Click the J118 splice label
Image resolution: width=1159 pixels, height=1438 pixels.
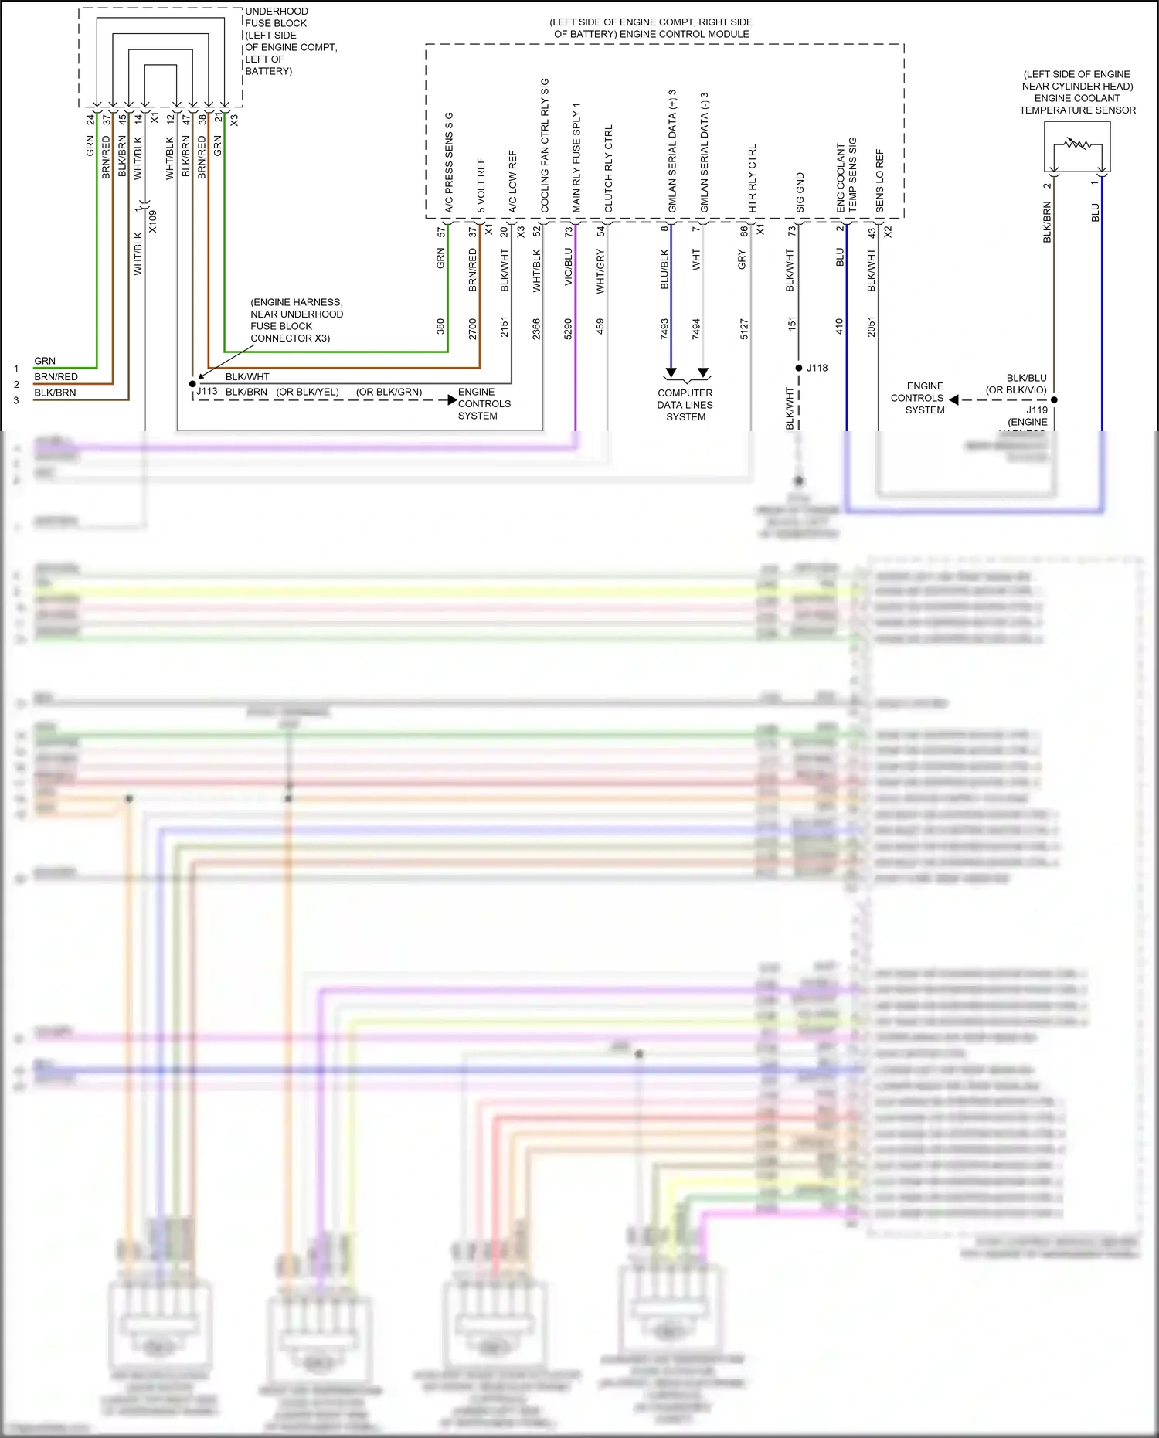pyautogui.click(x=817, y=368)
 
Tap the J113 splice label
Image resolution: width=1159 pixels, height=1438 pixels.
pyautogui.click(x=206, y=392)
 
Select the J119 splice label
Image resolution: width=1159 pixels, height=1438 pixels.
pyautogui.click(x=1037, y=410)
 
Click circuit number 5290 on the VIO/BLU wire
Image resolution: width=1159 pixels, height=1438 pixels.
pyautogui.click(x=568, y=328)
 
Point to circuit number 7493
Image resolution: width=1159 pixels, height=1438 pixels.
pyautogui.click(x=664, y=328)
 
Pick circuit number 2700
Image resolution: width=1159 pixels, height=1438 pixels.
pyautogui.click(x=473, y=328)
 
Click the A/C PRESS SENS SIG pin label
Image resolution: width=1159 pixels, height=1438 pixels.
pyautogui.click(x=449, y=162)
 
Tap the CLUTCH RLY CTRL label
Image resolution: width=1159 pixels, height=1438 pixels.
pyautogui.click(x=608, y=168)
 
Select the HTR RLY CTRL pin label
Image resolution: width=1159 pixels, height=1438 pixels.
pyautogui.click(x=752, y=178)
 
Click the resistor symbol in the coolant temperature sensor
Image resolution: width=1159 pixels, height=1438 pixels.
pyautogui.click(x=1077, y=144)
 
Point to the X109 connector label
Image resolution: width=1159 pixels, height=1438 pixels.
pyautogui.click(x=153, y=222)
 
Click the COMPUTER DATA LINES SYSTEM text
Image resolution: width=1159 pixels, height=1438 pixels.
pyautogui.click(x=685, y=405)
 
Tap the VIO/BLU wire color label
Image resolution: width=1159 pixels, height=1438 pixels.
pyautogui.click(x=568, y=267)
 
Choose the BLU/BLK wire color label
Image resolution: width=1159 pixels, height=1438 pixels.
pyautogui.click(x=664, y=270)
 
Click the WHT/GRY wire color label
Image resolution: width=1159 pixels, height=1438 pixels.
pyautogui.click(x=600, y=272)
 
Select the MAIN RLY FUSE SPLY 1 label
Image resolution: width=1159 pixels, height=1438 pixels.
pyautogui.click(x=576, y=158)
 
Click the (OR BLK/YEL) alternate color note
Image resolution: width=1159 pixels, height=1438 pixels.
pyautogui.click(x=308, y=392)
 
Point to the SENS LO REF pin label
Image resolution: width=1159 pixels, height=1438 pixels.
pyautogui.click(x=879, y=181)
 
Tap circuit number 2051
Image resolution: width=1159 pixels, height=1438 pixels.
pyautogui.click(x=872, y=326)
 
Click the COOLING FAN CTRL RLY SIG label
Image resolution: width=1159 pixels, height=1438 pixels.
pyautogui.click(x=544, y=145)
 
